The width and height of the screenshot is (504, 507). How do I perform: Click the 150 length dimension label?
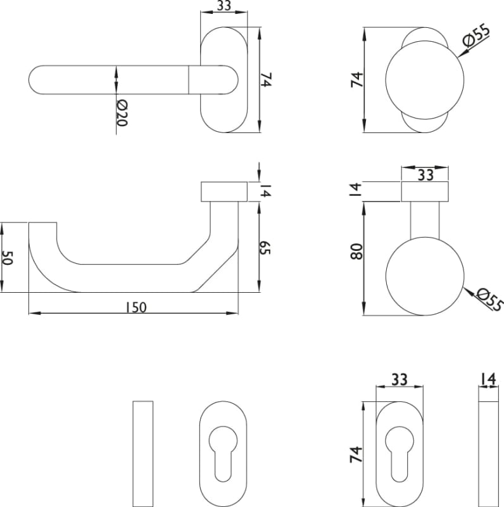point(136,307)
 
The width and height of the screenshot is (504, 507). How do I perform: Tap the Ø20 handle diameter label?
point(122,113)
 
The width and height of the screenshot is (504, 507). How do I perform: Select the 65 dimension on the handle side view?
point(265,247)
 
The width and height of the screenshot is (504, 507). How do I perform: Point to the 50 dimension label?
point(7,258)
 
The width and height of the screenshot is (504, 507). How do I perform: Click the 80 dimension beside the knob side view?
point(357,251)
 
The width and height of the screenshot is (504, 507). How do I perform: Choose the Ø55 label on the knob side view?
point(490,300)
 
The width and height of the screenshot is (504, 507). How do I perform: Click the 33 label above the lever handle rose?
point(224,6)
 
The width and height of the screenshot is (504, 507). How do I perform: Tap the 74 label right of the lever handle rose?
point(266,80)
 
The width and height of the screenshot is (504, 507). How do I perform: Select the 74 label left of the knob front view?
point(357,80)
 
